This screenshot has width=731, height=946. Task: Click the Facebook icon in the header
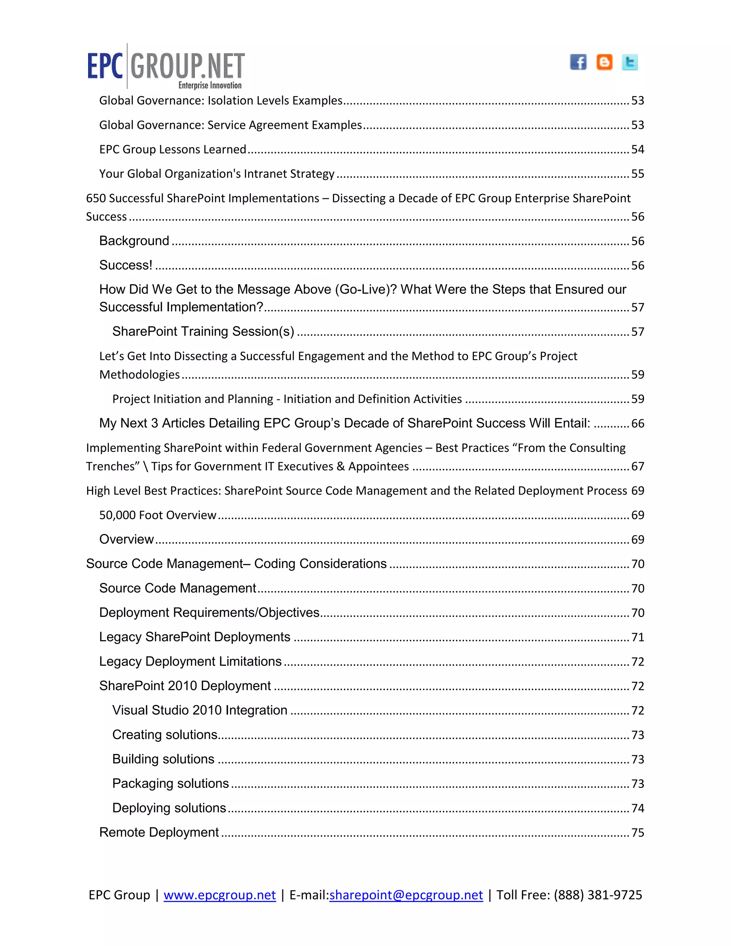click(578, 62)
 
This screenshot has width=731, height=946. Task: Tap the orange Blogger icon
click(604, 62)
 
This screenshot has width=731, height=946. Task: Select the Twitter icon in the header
click(630, 62)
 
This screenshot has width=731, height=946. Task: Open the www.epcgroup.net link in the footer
click(220, 895)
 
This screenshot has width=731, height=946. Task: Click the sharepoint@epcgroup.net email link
click(406, 895)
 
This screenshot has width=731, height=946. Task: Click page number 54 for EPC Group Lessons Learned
click(637, 150)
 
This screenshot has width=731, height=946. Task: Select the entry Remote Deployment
click(159, 832)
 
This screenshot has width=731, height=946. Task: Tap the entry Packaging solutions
click(170, 783)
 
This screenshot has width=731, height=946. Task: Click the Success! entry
click(126, 265)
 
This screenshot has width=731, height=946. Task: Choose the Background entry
click(134, 241)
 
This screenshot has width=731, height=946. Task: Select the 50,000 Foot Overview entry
click(158, 515)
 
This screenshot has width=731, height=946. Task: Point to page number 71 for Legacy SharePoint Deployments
click(637, 637)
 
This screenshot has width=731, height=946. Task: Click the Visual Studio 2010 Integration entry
click(200, 710)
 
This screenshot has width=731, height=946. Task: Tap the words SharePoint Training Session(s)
click(203, 331)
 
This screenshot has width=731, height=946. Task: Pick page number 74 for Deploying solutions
click(637, 808)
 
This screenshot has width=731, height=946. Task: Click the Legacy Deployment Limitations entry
click(190, 661)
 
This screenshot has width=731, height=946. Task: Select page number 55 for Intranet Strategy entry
click(637, 174)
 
